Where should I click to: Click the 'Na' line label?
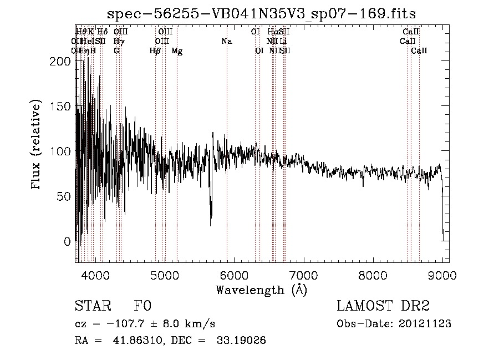[226, 42]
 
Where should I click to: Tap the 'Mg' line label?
[177, 51]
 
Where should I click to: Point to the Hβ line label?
[155, 51]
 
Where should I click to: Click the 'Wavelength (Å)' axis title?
[262, 290]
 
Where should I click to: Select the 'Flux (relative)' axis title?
[37, 146]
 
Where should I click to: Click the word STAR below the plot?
[91, 306]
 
